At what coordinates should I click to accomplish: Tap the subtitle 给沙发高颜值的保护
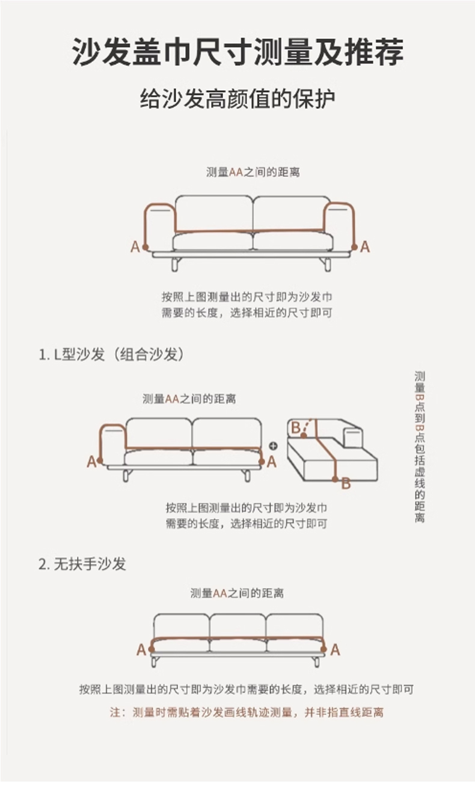coord(237,99)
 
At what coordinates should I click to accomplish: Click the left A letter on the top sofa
coord(135,247)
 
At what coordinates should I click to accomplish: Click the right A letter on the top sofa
coord(365,247)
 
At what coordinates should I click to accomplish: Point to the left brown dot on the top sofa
coord(146,247)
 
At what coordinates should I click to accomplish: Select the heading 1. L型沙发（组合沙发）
coord(111,354)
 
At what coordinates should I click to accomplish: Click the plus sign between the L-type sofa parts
coord(273,446)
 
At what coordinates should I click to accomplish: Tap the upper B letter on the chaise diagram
coord(296,427)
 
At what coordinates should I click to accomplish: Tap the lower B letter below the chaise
coord(346,484)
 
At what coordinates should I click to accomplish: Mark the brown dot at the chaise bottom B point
coord(336,479)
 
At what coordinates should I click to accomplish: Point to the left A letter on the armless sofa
coord(141,650)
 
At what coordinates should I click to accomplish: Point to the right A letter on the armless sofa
coord(335,650)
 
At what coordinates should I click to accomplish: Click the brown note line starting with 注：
coord(247,712)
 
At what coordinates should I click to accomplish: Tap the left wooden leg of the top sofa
coord(176,264)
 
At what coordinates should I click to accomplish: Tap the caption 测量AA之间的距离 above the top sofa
coord(253,172)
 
